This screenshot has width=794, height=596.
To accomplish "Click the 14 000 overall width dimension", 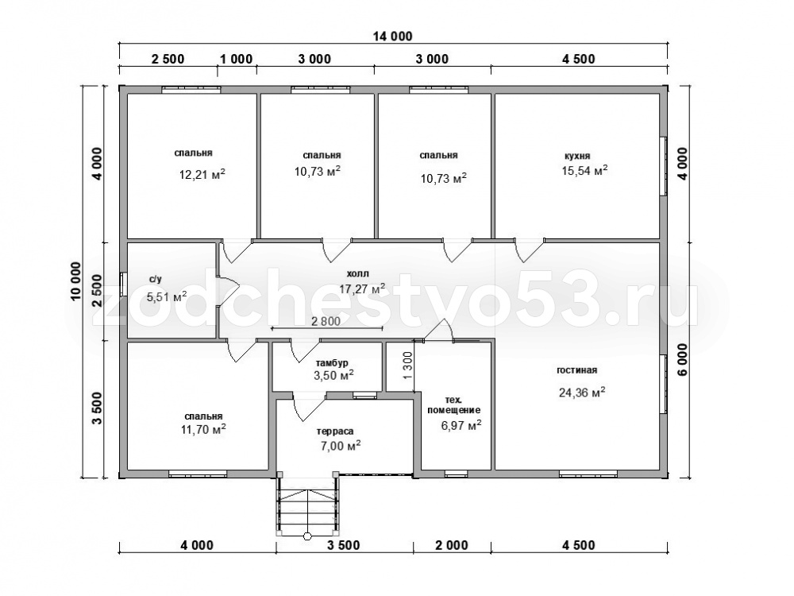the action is (x=392, y=37).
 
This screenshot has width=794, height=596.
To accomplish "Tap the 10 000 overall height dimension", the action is (x=76, y=282).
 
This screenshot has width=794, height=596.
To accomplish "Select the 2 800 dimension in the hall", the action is (x=326, y=321).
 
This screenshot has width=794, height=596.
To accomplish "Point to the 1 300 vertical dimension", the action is (x=409, y=366).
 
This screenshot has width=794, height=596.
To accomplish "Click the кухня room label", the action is (x=577, y=156).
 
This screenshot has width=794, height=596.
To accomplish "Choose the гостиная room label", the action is (x=576, y=370).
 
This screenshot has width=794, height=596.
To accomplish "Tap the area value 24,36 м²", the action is (x=582, y=393).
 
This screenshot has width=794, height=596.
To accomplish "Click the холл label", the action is (x=357, y=273).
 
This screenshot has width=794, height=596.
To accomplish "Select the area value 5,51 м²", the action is (x=166, y=296).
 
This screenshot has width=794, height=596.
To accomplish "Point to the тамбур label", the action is (x=332, y=363).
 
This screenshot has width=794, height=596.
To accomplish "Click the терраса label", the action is (x=335, y=432).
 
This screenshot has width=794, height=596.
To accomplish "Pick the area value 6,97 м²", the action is (x=461, y=425).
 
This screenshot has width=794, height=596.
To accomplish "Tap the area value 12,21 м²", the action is (x=202, y=174).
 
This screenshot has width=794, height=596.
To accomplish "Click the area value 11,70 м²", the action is (x=203, y=430).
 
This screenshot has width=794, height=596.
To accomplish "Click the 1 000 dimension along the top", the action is (x=236, y=59).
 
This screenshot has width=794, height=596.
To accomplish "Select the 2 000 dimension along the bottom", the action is (x=451, y=546).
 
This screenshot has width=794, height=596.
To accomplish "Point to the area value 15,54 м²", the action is (x=584, y=170).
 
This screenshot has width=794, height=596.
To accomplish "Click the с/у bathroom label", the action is (x=156, y=279).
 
